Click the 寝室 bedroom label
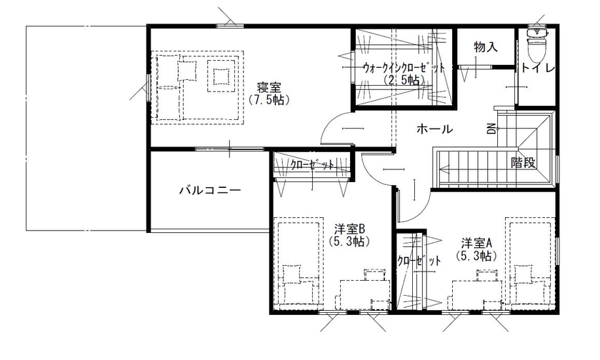pos(268,88)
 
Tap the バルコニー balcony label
pos(209,191)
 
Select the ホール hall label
pos(434,129)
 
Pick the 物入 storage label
pos(485,47)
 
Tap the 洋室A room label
pos(475,242)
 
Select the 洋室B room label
pos(349,229)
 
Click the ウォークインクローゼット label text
pos(404,68)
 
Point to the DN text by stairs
pos(491,129)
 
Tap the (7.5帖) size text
pos(268,101)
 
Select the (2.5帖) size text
pos(404,80)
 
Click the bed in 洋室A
pos(531,264)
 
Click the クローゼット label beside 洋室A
pos(419,261)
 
